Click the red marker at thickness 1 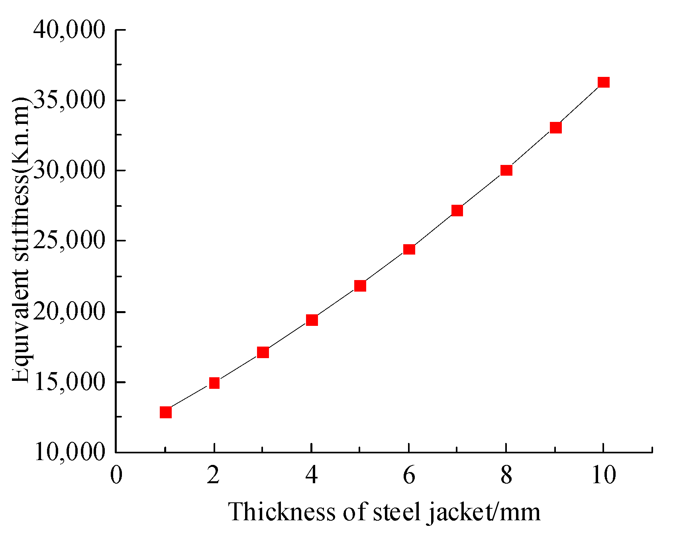[x=166, y=412]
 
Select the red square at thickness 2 [x=214, y=383]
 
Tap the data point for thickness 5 [x=360, y=286]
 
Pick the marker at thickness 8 [x=506, y=170]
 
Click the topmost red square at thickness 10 [x=604, y=82]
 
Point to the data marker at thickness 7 [x=457, y=210]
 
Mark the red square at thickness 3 [x=263, y=352]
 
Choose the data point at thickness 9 [x=555, y=127]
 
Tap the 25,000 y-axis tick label [x=69, y=241]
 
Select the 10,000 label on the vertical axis [x=69, y=452]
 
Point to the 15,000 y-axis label [x=69, y=382]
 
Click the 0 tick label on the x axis [x=116, y=475]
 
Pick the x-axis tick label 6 [x=409, y=475]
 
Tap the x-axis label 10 [x=603, y=475]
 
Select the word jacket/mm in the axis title [x=484, y=512]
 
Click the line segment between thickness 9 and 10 [x=580, y=105]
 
